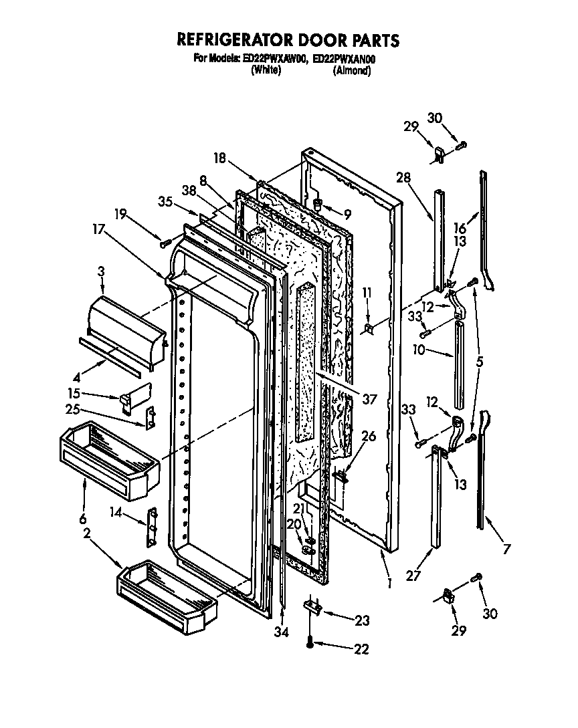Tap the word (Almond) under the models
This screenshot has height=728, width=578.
click(x=351, y=70)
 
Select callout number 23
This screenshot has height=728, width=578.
click(x=361, y=620)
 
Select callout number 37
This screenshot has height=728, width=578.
click(x=369, y=399)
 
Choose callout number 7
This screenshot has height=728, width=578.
click(x=506, y=550)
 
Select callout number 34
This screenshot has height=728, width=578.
click(x=282, y=632)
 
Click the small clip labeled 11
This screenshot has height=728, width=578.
click(x=369, y=328)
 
